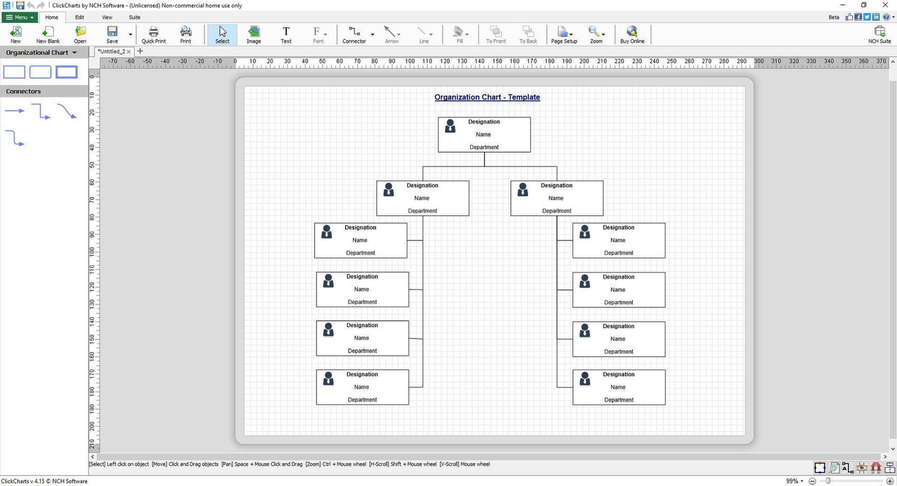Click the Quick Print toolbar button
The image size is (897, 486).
coord(153,35)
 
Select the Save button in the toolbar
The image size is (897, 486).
coord(112,35)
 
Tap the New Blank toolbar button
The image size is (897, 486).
coord(48,35)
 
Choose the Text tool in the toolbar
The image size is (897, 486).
coord(286,35)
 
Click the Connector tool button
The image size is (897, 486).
coord(354,35)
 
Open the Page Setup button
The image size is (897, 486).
coord(564,35)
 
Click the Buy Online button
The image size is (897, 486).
coord(632,35)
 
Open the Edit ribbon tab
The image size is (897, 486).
coord(79,17)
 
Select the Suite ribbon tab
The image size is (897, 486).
coord(135,17)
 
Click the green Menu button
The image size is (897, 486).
coord(20,17)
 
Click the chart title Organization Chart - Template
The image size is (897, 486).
coord(487,97)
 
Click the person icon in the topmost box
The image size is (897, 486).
coord(450,126)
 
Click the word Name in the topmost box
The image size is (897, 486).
coord(483,135)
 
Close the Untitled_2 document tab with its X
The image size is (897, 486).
coord(129,52)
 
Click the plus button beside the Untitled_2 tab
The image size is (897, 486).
coord(140,51)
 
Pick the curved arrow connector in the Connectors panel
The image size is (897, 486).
coord(67,111)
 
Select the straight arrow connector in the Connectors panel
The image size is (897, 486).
coord(15,111)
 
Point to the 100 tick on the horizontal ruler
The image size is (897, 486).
coord(409,62)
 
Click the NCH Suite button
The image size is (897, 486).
coord(879,35)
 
